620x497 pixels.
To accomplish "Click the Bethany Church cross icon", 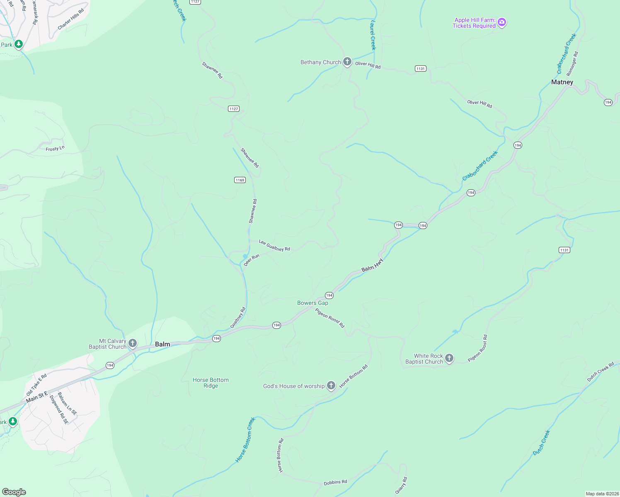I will point(347,62).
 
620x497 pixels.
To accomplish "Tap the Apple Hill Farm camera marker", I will point(502,22).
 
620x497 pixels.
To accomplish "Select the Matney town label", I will point(562,82).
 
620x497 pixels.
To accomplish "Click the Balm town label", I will point(162,344).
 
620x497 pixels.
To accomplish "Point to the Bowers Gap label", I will point(312,303).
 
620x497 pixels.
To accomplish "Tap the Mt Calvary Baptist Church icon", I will point(133,343).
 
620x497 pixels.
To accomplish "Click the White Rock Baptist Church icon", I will point(449,358).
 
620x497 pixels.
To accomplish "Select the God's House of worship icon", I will point(331,386).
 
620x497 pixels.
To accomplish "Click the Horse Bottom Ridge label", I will point(211,383).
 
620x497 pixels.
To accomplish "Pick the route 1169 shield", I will point(240,180).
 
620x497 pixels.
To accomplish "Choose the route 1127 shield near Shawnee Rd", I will point(234,109).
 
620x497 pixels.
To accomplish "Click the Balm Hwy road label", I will point(373,265).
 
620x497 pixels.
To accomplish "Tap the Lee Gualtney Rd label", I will point(274,246).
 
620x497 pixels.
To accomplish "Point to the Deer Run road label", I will point(252,260).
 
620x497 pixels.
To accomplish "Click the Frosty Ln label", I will point(55,149).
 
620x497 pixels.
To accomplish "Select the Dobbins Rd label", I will point(335,482).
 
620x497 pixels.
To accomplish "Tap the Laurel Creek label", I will point(373,35).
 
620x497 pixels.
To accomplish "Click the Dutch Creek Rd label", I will point(601,372).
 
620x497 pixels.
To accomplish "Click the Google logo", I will point(14,492).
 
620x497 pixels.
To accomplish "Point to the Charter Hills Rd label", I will point(71,19).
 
